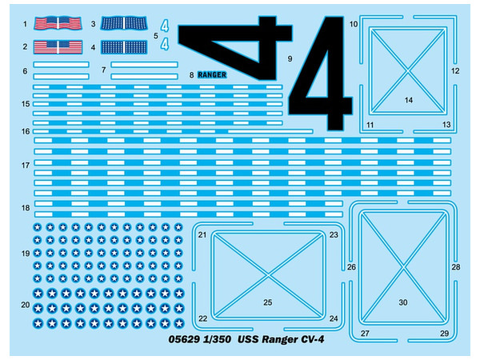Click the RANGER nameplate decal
coord(213,74)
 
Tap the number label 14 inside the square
coord(408,100)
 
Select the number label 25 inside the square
coord(268,302)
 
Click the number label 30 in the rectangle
coord(403,302)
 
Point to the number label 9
coord(290,59)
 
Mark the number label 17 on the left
coord(26,166)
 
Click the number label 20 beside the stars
coord(26,305)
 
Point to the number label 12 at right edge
coord(454,71)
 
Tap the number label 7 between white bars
coord(104,70)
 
